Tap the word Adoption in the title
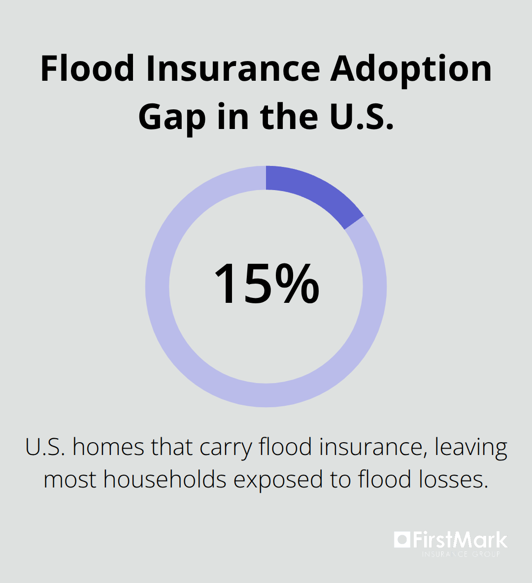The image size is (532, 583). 411,69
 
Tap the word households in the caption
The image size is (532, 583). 165,479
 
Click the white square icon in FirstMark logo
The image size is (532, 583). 401,540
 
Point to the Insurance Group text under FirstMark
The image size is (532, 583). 461,554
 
